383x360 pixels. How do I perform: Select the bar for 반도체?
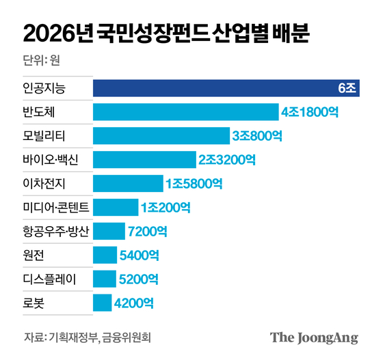(185, 112)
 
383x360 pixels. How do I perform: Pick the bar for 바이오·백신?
(144, 159)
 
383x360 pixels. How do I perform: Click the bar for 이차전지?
(127, 183)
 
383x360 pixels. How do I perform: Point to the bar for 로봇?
(102, 302)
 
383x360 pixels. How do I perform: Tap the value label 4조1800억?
(310, 112)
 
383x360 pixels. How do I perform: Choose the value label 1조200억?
(165, 207)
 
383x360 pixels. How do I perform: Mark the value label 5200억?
(139, 279)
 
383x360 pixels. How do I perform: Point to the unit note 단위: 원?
(42, 60)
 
